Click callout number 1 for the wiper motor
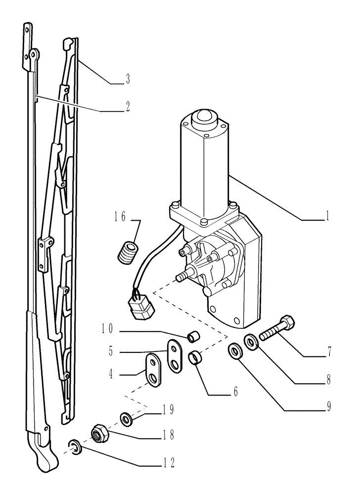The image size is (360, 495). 326,217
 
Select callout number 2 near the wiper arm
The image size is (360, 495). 128,106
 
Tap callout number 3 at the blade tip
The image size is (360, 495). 128,79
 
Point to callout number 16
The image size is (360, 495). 121,217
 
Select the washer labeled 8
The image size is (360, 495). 251,342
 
